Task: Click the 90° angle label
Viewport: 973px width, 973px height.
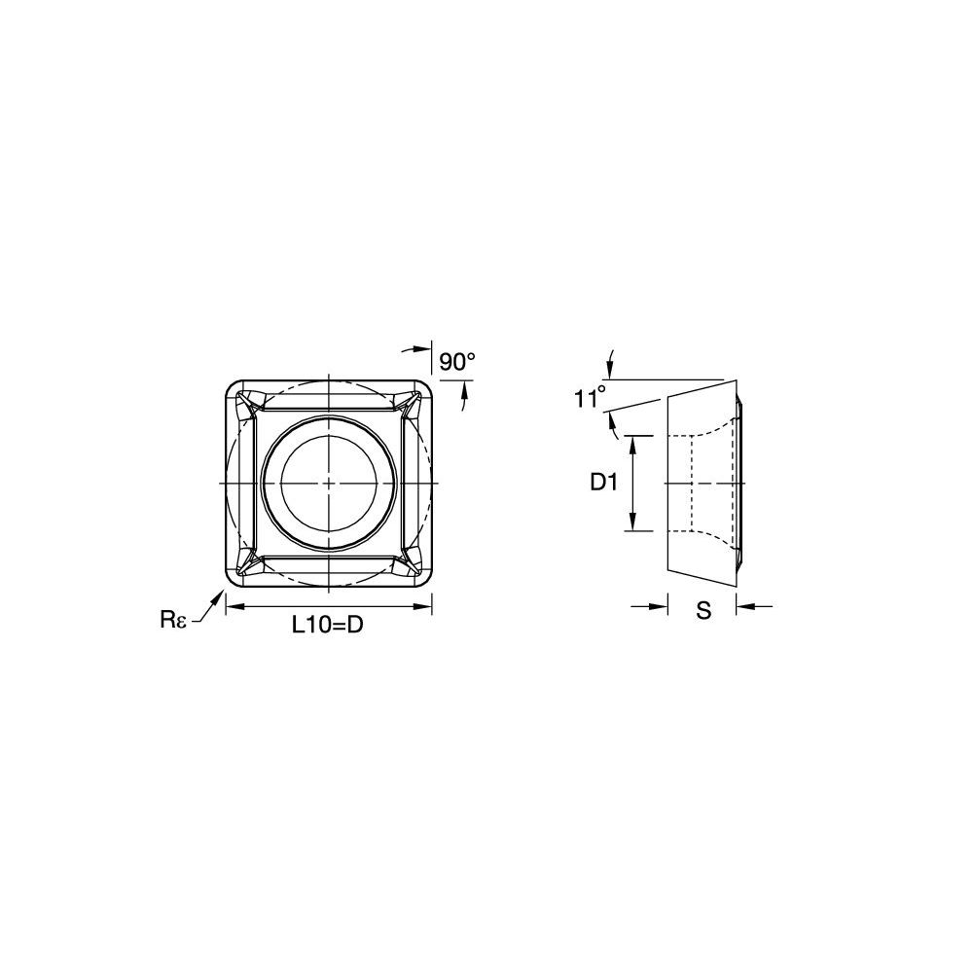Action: tap(456, 361)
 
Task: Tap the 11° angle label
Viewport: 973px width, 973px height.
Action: tap(589, 398)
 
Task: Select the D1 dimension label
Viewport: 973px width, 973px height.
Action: tap(603, 483)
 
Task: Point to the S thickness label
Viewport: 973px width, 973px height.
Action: tap(703, 611)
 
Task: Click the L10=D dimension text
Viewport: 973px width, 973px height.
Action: tap(328, 626)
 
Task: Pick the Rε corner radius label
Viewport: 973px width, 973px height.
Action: tap(173, 619)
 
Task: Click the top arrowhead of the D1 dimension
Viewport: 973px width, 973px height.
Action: tap(633, 445)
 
